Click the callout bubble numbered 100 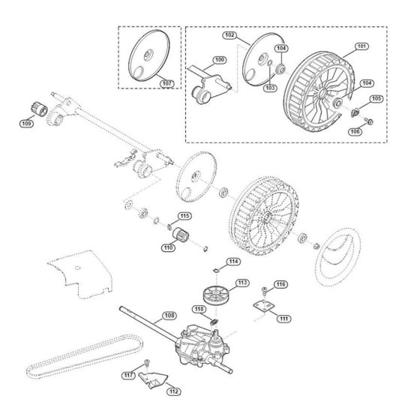(220, 60)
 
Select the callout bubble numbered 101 (361, 46)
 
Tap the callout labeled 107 (166, 83)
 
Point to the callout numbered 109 (26, 124)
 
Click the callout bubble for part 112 (174, 391)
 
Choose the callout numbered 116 (281, 284)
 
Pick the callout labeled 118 (199, 309)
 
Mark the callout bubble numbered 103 (270, 88)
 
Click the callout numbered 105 (376, 98)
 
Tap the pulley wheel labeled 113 (215, 295)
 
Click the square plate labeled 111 (264, 306)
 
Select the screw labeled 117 (146, 363)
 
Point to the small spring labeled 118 (214, 322)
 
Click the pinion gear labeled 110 (181, 235)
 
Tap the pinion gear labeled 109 (38, 109)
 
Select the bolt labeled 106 (369, 121)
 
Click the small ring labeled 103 (270, 63)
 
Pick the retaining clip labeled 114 (216, 271)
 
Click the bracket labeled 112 (153, 379)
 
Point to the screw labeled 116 (265, 291)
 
